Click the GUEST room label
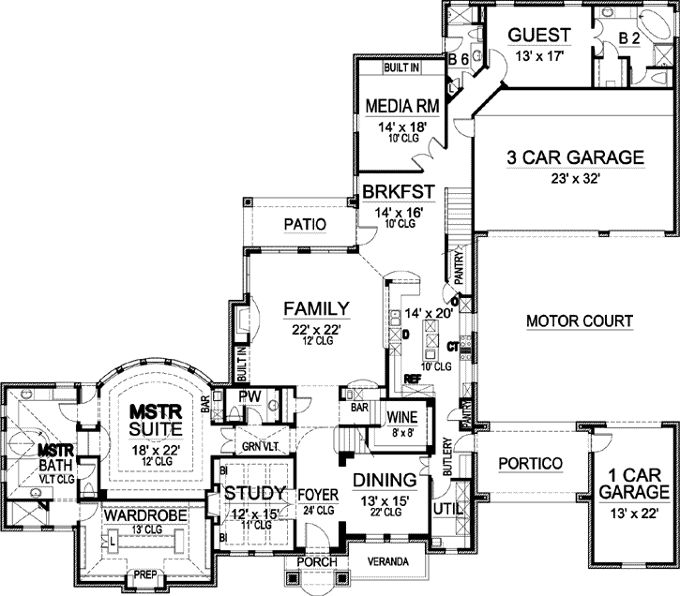(x=539, y=36)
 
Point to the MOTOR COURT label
(x=579, y=321)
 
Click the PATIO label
(x=304, y=225)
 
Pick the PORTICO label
(x=530, y=463)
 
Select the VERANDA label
(x=388, y=561)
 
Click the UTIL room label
(x=444, y=509)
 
